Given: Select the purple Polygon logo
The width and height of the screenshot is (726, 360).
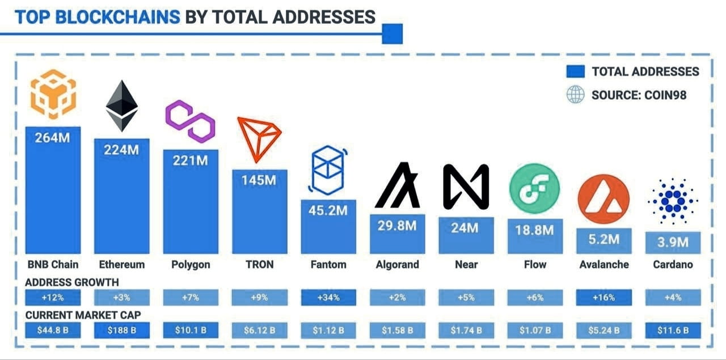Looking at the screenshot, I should point(191,121).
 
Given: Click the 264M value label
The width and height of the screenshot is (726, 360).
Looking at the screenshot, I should point(53,137).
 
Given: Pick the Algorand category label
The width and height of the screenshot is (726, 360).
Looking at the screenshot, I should point(397,264).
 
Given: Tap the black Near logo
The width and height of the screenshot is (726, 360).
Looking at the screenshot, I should point(466,187).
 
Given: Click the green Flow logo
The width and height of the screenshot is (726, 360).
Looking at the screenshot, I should point(534,189).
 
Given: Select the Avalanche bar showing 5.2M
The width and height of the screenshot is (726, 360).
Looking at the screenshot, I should point(603,240).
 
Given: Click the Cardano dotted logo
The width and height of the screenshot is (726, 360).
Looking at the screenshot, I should point(673,201).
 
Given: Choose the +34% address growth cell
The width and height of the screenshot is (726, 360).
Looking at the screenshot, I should point(328,298).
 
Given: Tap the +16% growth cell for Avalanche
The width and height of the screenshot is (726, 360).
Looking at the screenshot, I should point(603,298).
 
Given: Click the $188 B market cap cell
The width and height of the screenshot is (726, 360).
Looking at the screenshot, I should point(121,330).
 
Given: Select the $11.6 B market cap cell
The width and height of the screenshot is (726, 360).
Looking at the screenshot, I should point(673,330).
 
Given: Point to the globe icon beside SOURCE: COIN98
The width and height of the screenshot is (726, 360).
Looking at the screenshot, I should point(575,95).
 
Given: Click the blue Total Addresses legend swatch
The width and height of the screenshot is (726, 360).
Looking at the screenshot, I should point(575,71).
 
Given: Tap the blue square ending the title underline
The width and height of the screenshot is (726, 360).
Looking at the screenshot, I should point(392,34).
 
